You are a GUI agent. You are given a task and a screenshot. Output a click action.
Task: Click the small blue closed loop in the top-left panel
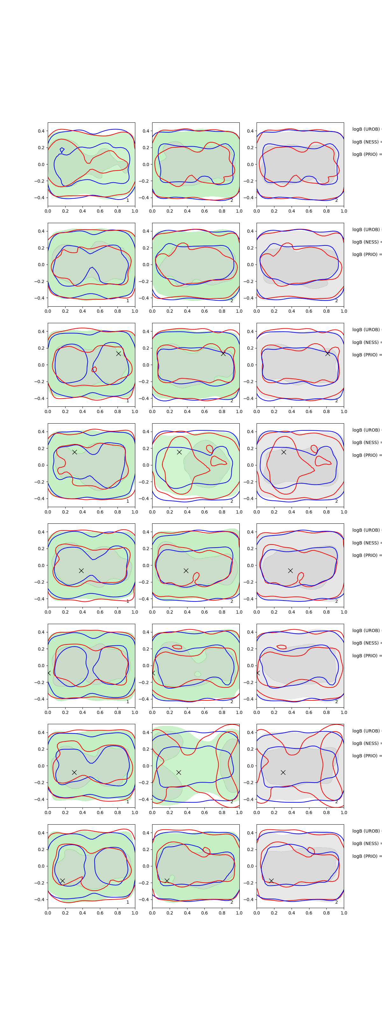(62, 150)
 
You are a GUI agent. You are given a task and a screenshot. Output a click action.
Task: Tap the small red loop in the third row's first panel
(94, 369)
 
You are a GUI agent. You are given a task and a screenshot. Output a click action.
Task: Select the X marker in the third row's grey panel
(328, 353)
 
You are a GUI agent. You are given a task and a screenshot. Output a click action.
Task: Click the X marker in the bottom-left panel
(62, 881)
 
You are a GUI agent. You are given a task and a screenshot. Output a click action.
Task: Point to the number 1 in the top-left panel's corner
(127, 200)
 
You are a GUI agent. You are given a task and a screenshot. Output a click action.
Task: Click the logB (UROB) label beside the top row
(366, 129)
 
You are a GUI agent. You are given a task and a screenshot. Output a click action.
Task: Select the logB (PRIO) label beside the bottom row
(366, 856)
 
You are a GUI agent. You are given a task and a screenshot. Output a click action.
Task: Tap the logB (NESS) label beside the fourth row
(366, 442)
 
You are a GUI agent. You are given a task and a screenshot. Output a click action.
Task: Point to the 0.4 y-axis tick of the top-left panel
(41, 131)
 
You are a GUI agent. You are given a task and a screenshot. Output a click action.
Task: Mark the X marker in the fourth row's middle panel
(179, 452)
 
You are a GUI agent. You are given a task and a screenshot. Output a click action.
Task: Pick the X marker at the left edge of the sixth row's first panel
(49, 673)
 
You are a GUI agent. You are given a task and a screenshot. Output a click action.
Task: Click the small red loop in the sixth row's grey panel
(281, 647)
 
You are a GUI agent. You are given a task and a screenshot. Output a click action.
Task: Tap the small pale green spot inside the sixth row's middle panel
(198, 674)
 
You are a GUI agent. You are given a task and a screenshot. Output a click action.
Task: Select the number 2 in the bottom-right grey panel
(336, 902)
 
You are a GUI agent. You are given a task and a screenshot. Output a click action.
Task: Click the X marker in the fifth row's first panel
(81, 571)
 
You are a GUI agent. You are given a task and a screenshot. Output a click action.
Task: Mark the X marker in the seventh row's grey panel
(283, 772)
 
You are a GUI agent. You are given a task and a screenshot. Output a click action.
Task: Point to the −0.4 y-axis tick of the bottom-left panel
(40, 900)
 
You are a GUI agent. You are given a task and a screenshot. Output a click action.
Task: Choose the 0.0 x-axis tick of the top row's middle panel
(152, 211)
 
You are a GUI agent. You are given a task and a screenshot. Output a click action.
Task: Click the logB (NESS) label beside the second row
(366, 242)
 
